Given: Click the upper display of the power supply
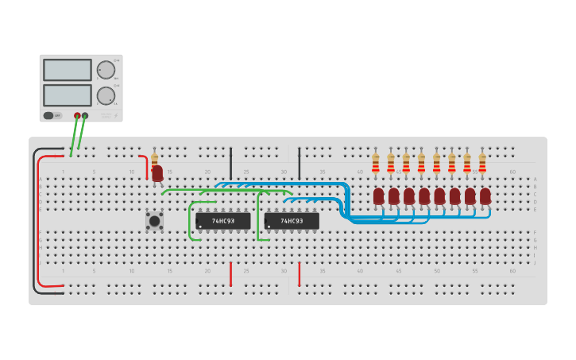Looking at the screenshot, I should [x=67, y=70].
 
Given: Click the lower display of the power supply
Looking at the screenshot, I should [x=67, y=95].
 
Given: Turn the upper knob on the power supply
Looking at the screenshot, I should [x=106, y=70].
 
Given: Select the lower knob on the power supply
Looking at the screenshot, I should [x=106, y=96].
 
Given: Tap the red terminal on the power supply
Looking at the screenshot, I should [x=78, y=115].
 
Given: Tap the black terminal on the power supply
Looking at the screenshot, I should [x=85, y=115].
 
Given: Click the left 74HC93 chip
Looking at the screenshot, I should [x=223, y=221].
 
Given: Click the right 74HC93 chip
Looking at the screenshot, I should [x=292, y=221].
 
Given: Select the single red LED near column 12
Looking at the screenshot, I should [x=157, y=172].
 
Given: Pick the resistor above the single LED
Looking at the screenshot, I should [x=154, y=159].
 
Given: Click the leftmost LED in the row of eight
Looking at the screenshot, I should [x=379, y=195].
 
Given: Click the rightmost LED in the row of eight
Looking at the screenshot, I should [x=485, y=195].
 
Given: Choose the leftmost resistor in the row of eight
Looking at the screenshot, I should [x=376, y=163].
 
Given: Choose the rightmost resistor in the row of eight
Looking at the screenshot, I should [x=482, y=163].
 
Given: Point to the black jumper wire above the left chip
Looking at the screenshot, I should [x=231, y=163].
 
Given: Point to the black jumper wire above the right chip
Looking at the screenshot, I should [x=300, y=163].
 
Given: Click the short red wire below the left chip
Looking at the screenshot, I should [x=231, y=274].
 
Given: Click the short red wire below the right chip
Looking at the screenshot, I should [x=300, y=274].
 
